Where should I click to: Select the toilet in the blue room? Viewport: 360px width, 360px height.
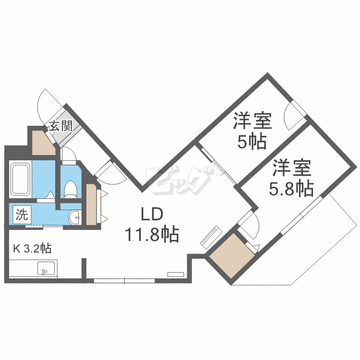click(x=70, y=189)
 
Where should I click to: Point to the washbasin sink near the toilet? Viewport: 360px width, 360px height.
click(x=75, y=217)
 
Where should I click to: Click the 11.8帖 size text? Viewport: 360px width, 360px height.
click(x=152, y=235)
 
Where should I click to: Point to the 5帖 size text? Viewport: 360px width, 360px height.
click(x=252, y=143)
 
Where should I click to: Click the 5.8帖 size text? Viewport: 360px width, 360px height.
click(x=292, y=189)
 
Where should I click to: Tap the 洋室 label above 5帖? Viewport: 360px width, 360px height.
click(x=253, y=121)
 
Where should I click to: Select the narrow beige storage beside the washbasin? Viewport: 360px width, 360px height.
click(x=91, y=204)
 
